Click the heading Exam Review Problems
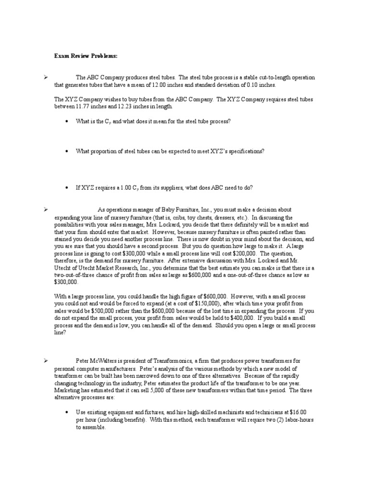(86, 56)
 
